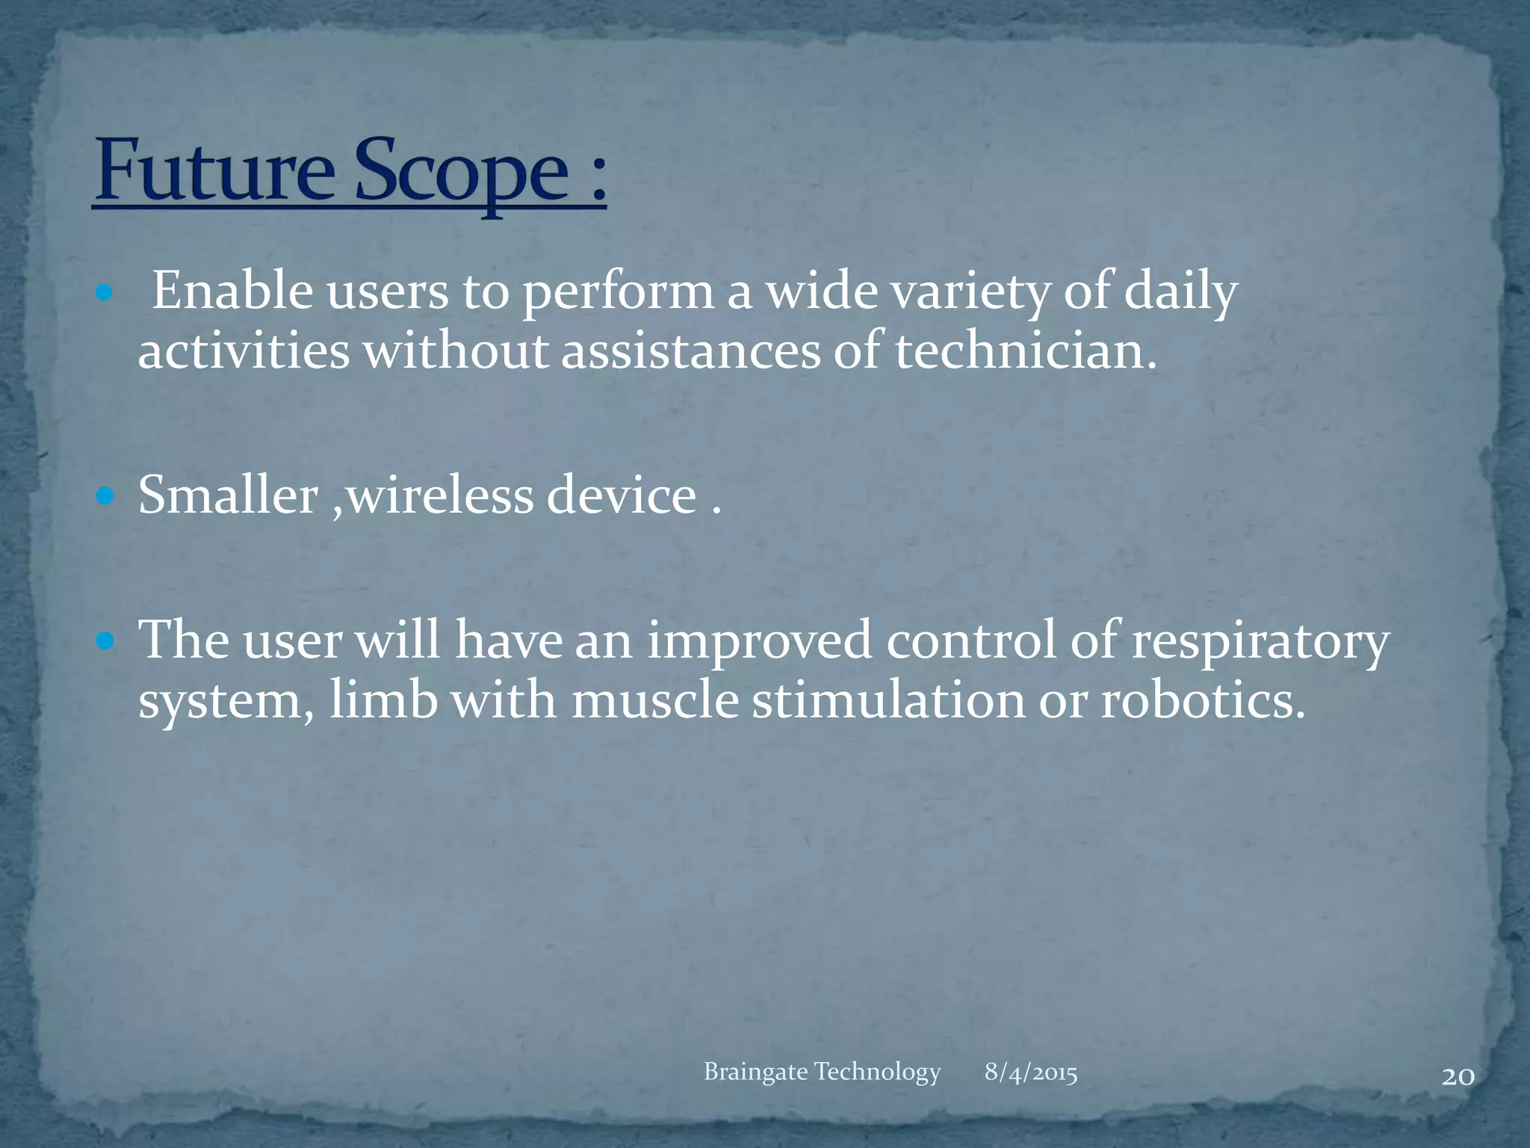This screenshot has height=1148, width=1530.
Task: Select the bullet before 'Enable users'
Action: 105,294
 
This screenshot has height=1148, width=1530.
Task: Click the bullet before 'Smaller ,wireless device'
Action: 105,496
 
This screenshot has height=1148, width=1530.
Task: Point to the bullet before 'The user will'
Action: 105,641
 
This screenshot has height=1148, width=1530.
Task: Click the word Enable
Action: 232,291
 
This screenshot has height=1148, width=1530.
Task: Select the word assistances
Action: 691,351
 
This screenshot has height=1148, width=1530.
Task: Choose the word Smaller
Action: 228,496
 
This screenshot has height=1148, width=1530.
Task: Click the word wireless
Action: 440,496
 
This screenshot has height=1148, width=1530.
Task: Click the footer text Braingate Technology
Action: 822,1072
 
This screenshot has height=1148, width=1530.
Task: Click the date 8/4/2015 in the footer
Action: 1030,1073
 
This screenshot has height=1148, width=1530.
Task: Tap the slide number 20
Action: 1457,1077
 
